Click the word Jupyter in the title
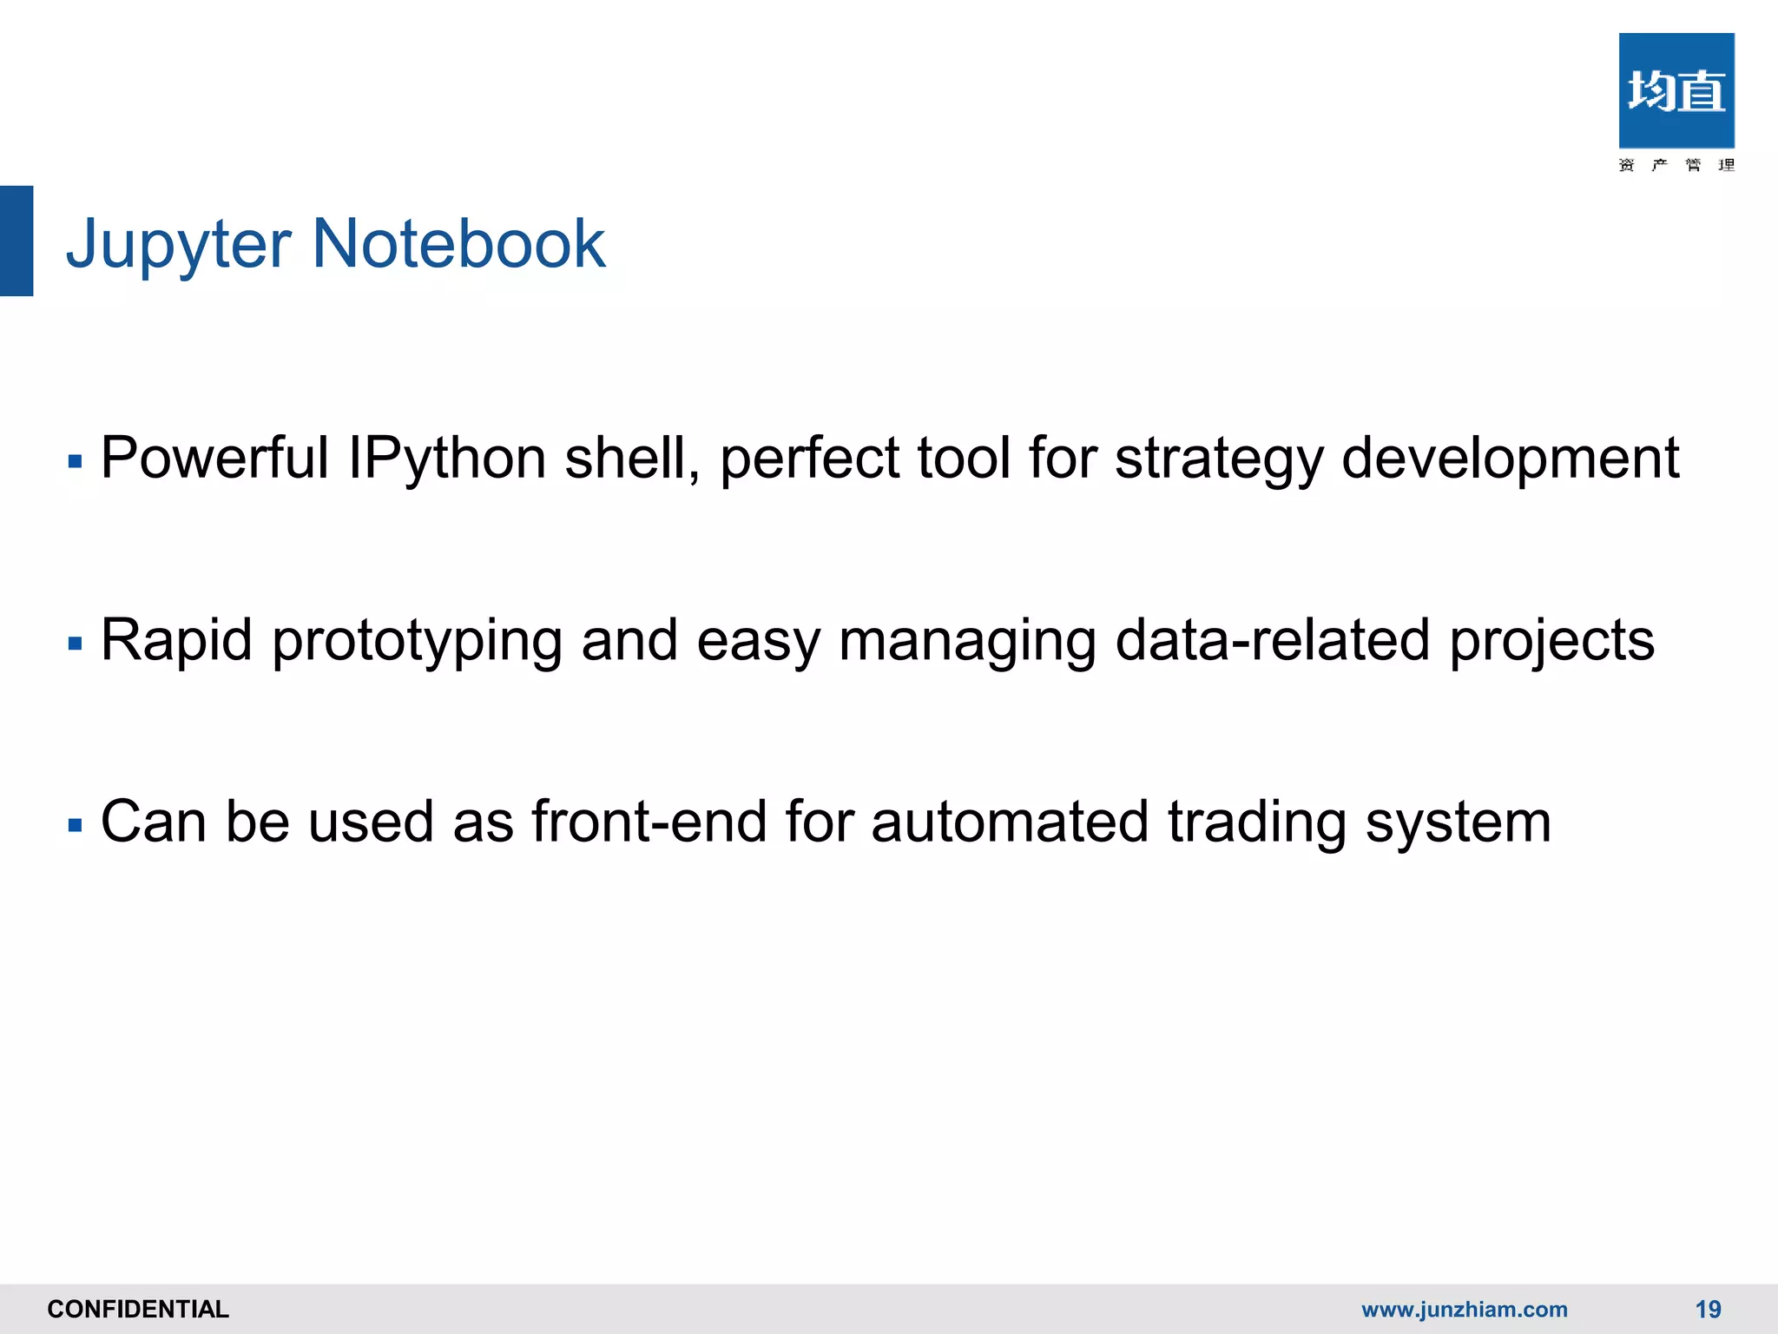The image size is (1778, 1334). [178, 245]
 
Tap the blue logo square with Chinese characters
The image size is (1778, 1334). [1676, 91]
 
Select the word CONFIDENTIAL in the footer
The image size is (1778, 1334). [138, 1309]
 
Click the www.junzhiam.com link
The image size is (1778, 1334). [1464, 1309]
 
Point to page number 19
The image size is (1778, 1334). [1708, 1309]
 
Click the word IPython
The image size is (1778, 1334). [446, 459]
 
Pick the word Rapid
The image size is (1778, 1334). [176, 641]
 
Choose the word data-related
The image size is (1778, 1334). [1272, 640]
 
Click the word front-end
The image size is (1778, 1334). [649, 822]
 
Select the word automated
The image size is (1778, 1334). [1010, 822]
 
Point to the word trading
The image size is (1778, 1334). [1256, 823]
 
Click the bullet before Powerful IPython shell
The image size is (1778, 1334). [75, 461]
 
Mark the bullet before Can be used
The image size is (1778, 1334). [75, 825]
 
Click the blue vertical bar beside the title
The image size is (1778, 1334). [16, 241]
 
